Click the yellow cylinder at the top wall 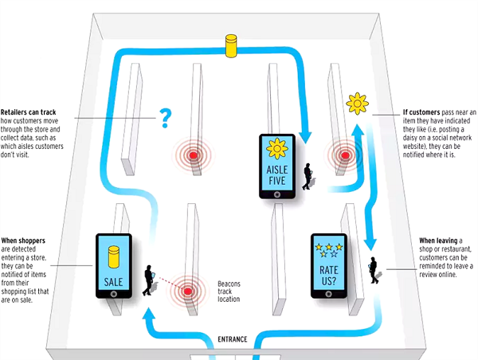coord(232,45)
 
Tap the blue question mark coord(166,119)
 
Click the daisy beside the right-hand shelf coord(356,103)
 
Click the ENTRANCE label coord(233,340)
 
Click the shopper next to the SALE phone coord(148,282)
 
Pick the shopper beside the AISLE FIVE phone coord(308,178)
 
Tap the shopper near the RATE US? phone coord(374,268)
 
